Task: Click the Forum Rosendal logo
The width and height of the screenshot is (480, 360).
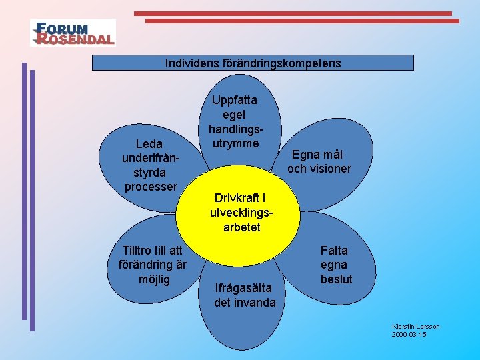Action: [73, 32]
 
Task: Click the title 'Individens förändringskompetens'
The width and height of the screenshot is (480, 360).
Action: [253, 63]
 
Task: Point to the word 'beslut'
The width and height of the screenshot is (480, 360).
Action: [336, 279]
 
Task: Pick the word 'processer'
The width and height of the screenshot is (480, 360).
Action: [151, 186]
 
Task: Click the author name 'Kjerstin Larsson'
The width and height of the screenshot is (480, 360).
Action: [415, 326]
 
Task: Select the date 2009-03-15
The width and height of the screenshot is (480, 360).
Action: [409, 334]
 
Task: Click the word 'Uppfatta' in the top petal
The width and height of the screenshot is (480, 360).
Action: [235, 100]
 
